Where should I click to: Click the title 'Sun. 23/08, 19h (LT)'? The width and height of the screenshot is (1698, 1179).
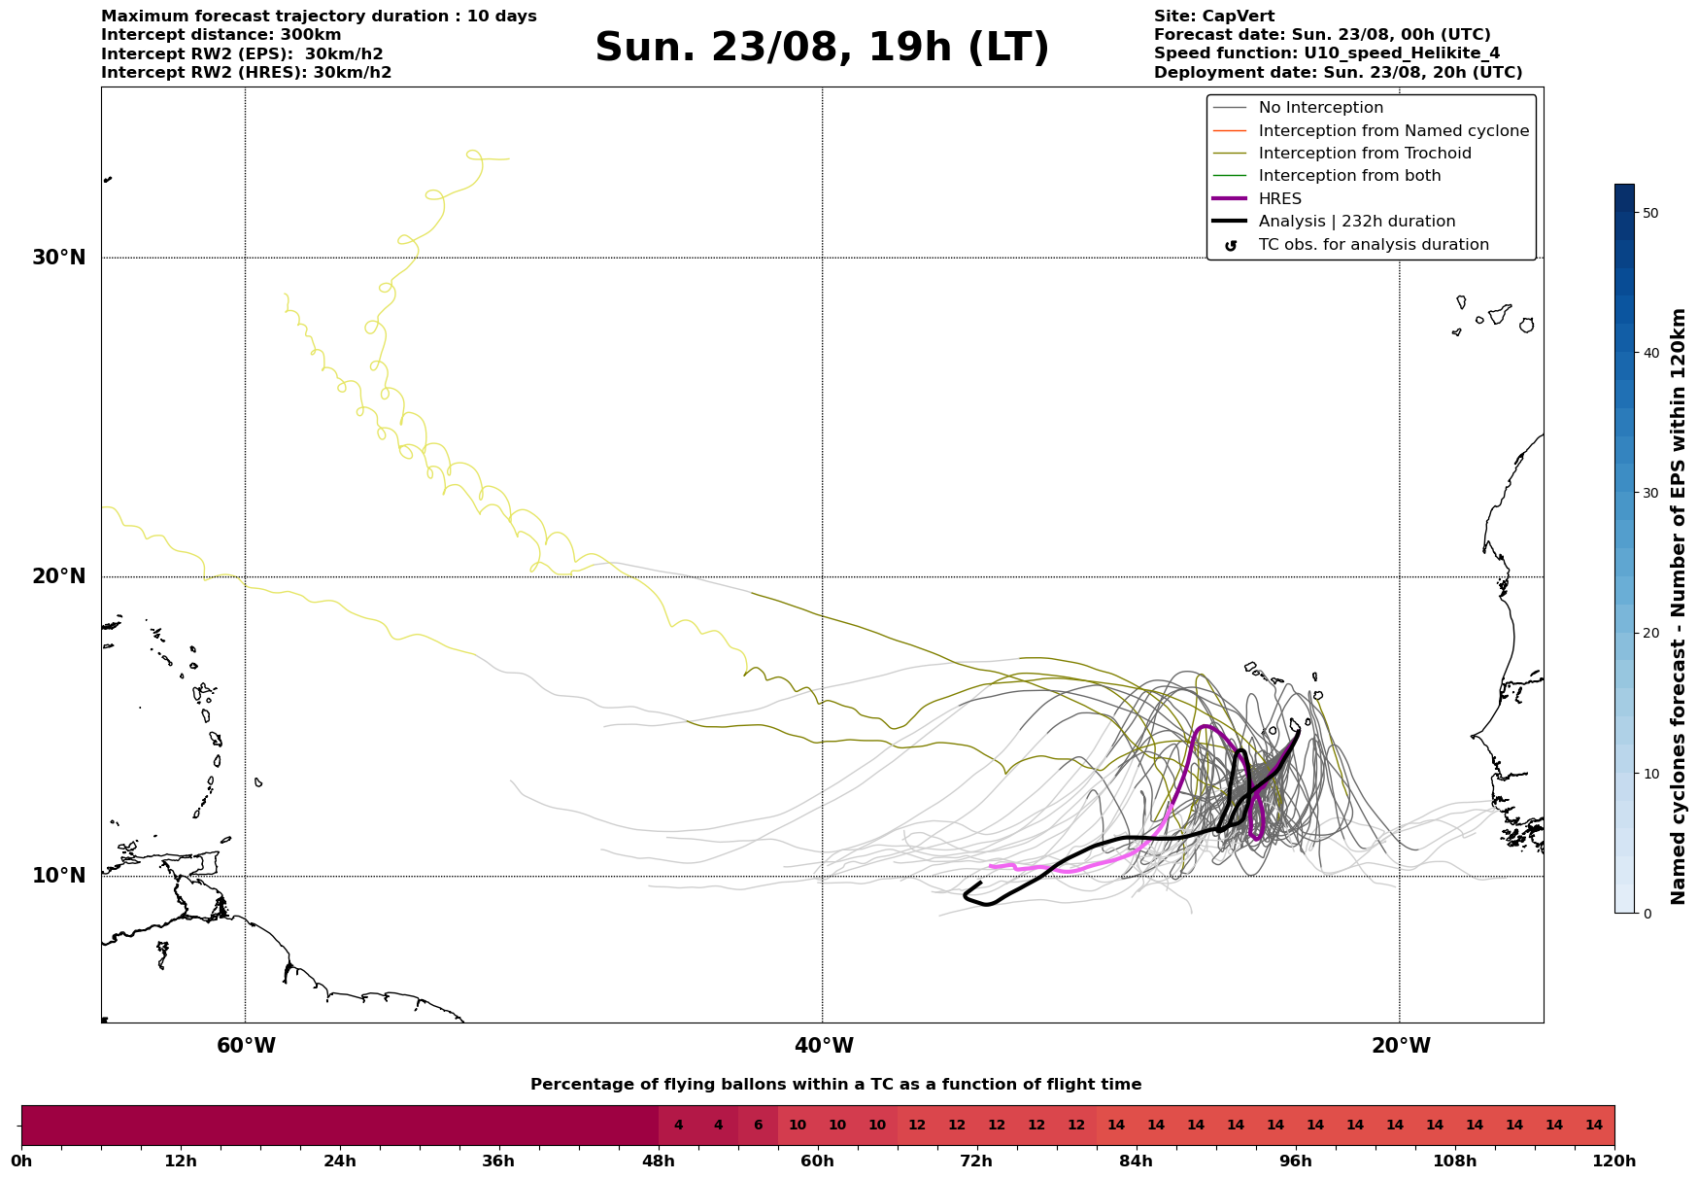click(x=822, y=48)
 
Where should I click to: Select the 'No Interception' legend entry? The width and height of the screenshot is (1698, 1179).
click(x=1320, y=108)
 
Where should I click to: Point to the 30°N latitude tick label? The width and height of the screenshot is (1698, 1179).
click(x=59, y=258)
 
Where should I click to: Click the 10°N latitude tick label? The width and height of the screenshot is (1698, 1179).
click(x=59, y=876)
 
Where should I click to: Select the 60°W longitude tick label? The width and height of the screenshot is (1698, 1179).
click(x=246, y=1046)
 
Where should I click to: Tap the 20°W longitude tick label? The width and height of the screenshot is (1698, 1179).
click(x=1400, y=1046)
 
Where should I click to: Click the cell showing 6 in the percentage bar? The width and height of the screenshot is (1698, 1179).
click(x=758, y=1126)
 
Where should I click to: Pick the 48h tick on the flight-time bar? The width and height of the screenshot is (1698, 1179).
click(x=659, y=1161)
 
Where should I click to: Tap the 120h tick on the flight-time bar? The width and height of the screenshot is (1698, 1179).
click(x=1614, y=1161)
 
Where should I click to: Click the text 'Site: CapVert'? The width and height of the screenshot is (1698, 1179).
click(x=1214, y=17)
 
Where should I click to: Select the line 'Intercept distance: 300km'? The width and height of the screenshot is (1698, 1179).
click(x=221, y=35)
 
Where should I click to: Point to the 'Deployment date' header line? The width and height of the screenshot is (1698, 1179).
click(x=1339, y=73)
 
